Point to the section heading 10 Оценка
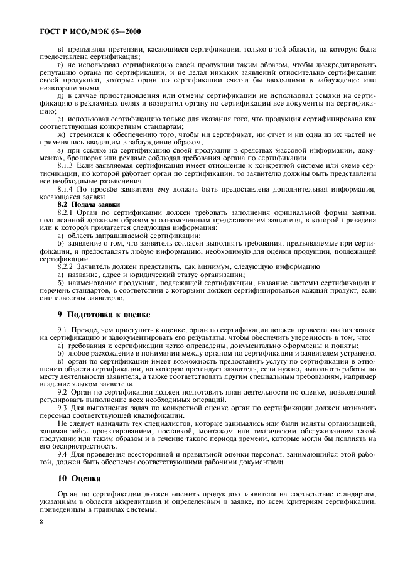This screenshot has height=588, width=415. tap(75, 479)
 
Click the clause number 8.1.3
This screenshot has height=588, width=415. tap(67, 165)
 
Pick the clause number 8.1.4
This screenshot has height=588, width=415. tap(67, 189)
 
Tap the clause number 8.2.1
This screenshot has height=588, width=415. tap(67, 213)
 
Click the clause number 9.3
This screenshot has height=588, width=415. tap(63, 407)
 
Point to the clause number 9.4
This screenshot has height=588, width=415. tap(63, 454)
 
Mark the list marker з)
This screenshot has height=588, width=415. tap(60, 150)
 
